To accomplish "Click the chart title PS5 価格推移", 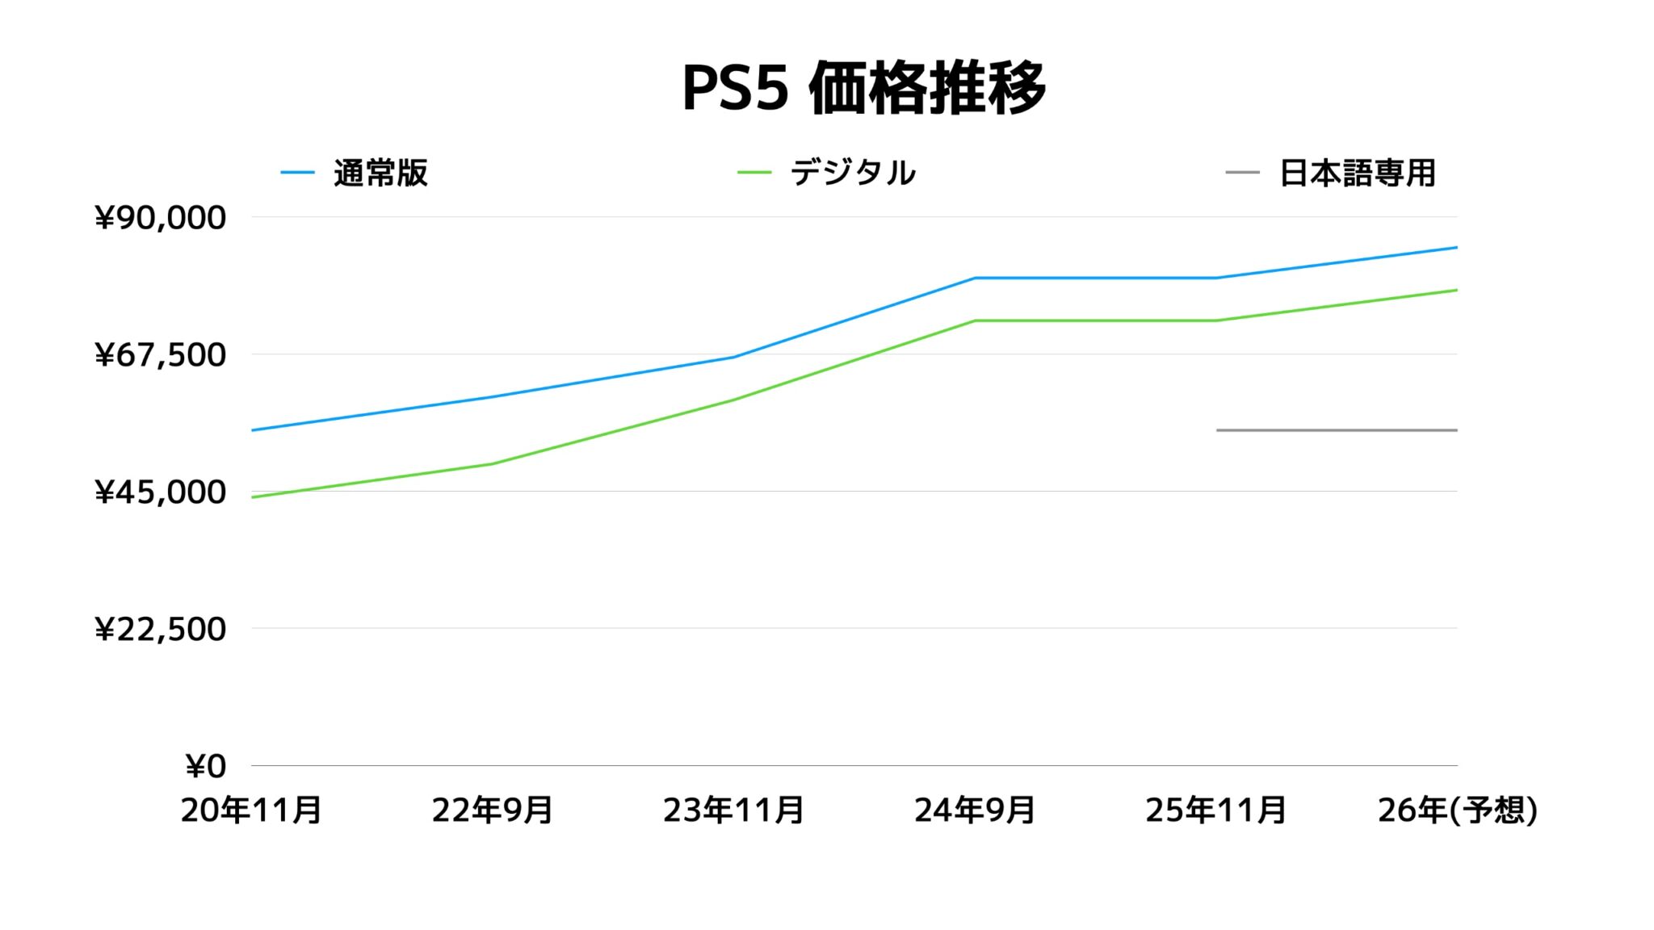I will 863,88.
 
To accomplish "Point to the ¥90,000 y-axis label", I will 160,218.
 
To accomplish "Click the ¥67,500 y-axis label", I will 160,355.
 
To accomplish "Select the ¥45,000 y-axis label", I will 160,492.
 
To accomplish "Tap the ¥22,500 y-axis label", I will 160,630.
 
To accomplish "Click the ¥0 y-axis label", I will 205,767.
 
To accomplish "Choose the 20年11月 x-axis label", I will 251,811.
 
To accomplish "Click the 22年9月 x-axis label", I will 492,811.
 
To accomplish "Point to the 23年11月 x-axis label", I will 733,811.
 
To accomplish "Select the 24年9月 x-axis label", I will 975,811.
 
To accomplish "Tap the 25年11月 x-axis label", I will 1215,811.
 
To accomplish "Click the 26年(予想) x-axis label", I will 1457,811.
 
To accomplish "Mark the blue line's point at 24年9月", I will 975,278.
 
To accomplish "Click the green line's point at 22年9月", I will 492,464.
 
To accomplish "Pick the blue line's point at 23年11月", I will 733,357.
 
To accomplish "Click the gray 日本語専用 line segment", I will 1337,430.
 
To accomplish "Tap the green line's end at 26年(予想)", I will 1456,290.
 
